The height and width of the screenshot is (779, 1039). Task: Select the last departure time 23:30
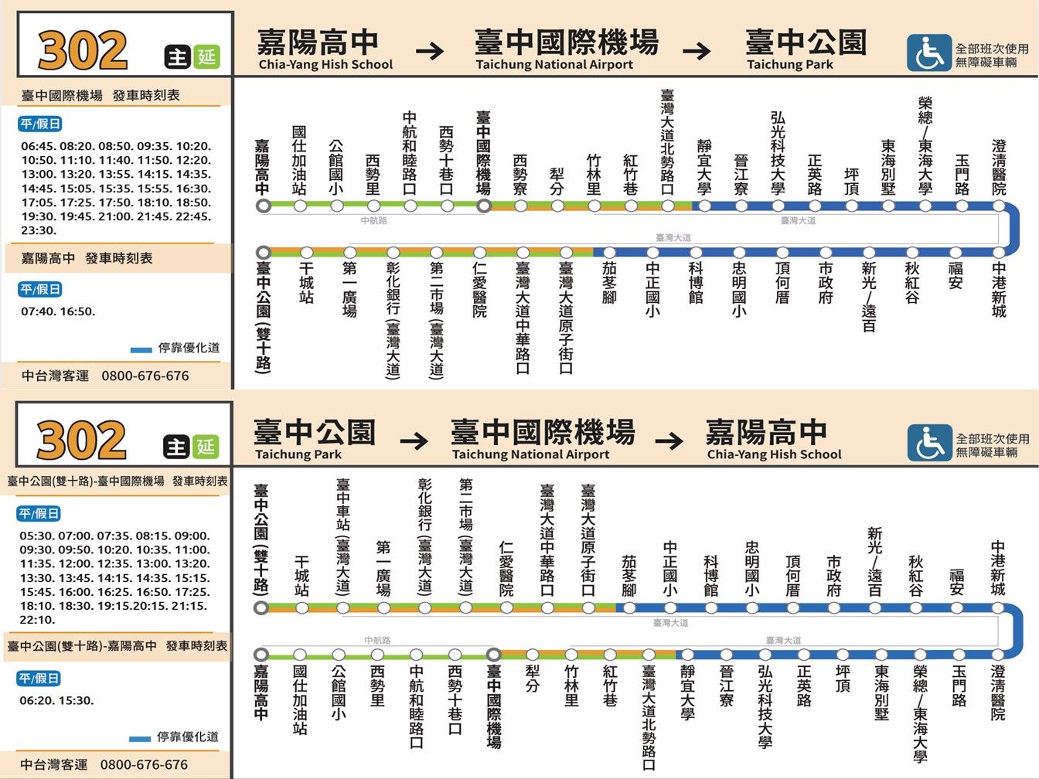point(38,230)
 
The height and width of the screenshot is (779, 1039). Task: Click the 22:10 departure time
point(36,620)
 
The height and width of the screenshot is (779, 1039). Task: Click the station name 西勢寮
point(520,174)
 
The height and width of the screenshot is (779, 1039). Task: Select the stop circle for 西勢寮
point(520,206)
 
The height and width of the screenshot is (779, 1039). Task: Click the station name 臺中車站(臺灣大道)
point(342,535)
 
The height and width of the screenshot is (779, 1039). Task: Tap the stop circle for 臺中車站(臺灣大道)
point(342,608)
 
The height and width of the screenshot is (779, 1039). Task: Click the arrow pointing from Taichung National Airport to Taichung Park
point(697,52)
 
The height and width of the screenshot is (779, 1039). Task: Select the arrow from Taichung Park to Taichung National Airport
point(414,442)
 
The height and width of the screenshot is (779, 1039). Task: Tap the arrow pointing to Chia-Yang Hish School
point(669,442)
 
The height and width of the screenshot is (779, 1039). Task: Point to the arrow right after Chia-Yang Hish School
point(431,52)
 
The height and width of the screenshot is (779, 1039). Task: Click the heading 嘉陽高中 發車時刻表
point(87,258)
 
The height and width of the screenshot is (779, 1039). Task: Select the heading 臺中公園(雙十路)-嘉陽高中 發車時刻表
point(118,645)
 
